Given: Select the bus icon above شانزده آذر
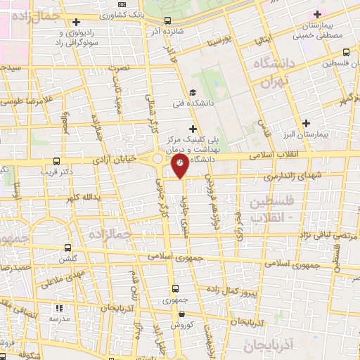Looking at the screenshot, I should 167,20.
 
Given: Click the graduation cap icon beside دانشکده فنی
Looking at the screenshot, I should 193,93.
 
